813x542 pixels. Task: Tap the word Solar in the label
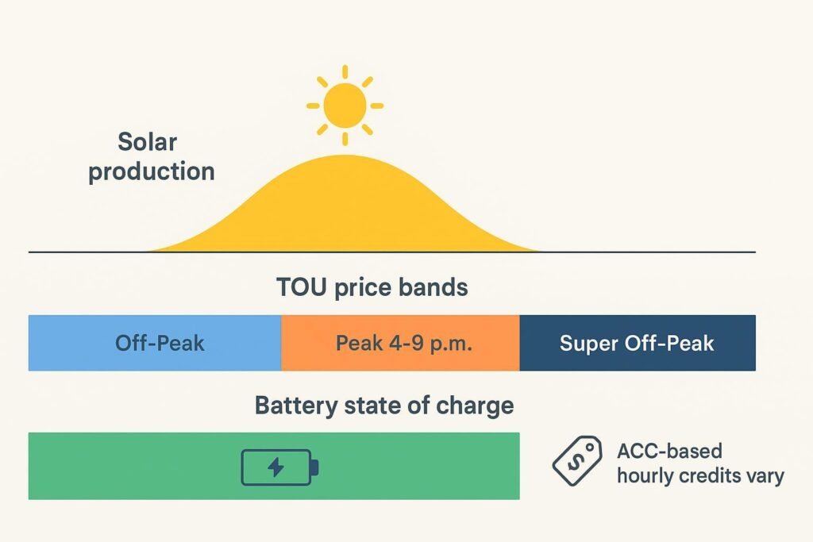(x=147, y=143)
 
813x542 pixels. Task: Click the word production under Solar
(x=152, y=171)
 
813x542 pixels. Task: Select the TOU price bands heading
(x=372, y=286)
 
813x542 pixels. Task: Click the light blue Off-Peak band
(x=155, y=343)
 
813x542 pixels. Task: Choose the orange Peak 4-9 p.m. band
(x=400, y=343)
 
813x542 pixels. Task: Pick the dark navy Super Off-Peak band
(x=637, y=343)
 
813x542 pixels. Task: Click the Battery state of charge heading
(x=384, y=406)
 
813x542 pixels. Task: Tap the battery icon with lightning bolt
(x=279, y=467)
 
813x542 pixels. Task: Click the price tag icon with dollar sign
(x=577, y=461)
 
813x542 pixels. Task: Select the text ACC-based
(x=669, y=452)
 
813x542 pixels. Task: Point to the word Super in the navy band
(x=588, y=343)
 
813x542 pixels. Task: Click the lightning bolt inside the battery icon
(x=275, y=467)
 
